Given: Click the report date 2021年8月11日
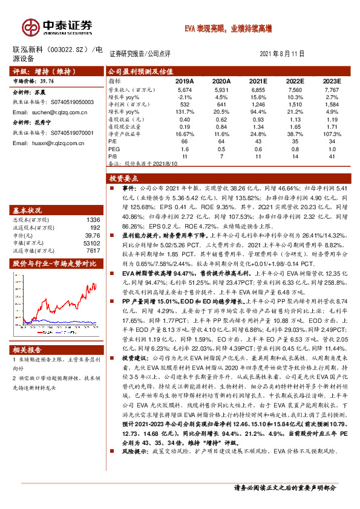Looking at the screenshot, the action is tap(283, 53).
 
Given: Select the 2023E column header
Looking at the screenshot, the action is tap(331, 80).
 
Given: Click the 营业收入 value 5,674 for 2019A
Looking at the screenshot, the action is tap(185, 89).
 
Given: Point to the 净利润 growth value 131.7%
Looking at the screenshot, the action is tap(185, 111).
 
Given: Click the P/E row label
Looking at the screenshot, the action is tap(114, 140).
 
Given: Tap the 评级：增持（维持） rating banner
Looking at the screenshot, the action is tap(36, 71).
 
